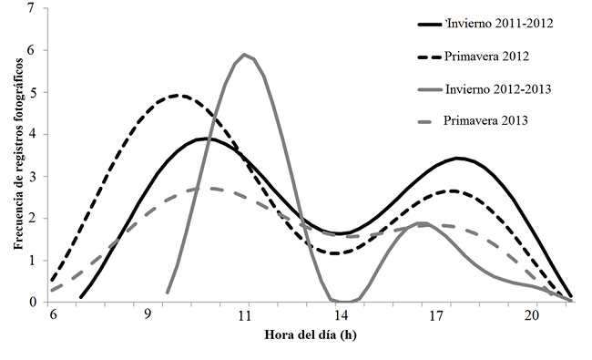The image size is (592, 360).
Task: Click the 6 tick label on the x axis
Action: click(53, 315)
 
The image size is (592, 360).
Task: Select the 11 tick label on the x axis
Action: click(243, 315)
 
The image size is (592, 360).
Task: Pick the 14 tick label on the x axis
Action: click(340, 315)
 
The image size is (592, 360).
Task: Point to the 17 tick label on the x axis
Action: click(435, 315)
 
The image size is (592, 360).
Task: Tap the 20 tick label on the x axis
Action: click(532, 315)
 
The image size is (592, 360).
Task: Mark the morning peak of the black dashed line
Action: click(179, 95)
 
